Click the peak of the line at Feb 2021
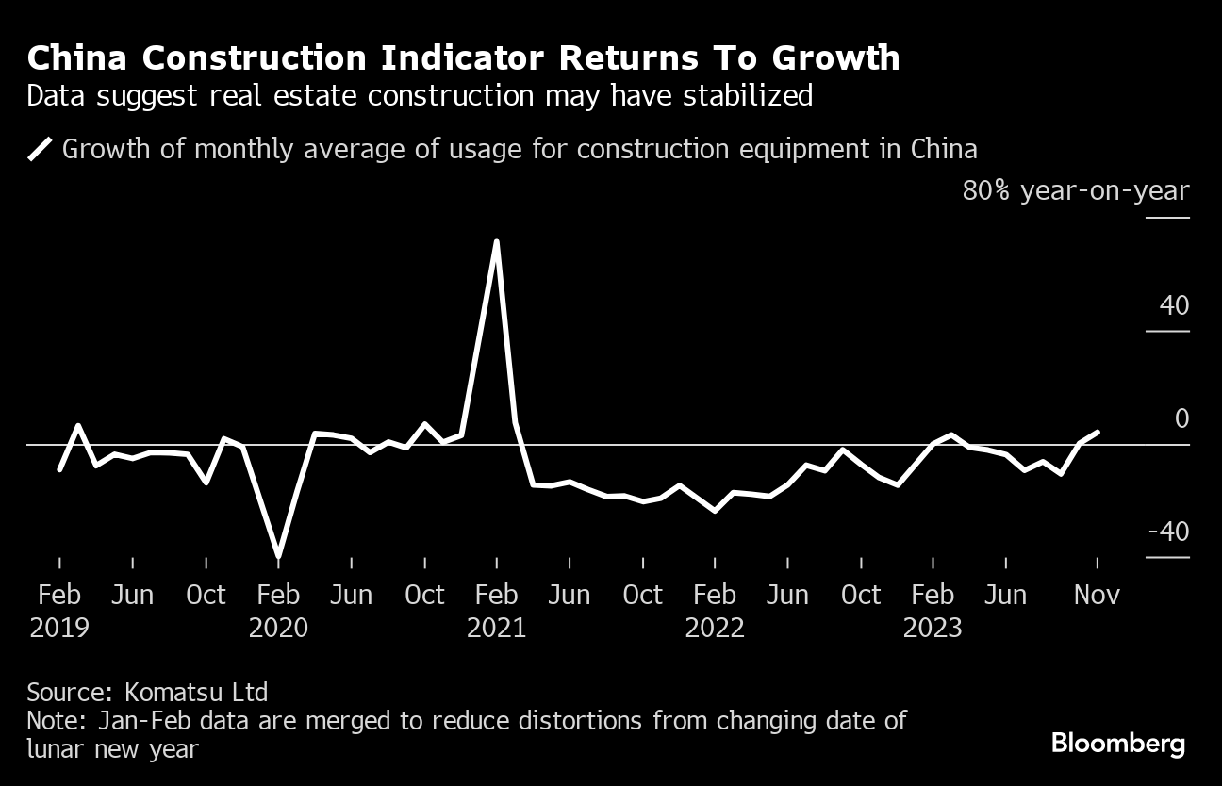pyautogui.click(x=496, y=242)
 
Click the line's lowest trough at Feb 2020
pyautogui.click(x=278, y=556)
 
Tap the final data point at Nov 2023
pyautogui.click(x=1097, y=432)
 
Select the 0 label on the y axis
pyautogui.click(x=1181, y=419)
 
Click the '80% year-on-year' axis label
pyautogui.click(x=1076, y=191)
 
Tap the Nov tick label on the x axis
pyautogui.click(x=1097, y=596)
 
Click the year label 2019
pyautogui.click(x=59, y=628)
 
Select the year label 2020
pyautogui.click(x=278, y=628)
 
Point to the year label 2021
pyautogui.click(x=496, y=628)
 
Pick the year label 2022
pyautogui.click(x=715, y=628)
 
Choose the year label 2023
pyautogui.click(x=933, y=628)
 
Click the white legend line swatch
pyautogui.click(x=41, y=150)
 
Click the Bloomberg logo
pyautogui.click(x=1118, y=744)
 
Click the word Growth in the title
pyautogui.click(x=836, y=58)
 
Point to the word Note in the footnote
pyautogui.click(x=55, y=722)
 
